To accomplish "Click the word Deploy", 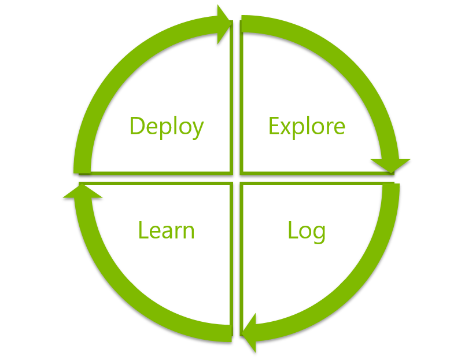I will coord(167,126).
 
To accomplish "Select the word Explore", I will coord(307,126).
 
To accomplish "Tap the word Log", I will coord(307,230).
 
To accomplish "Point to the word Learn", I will coord(167,230).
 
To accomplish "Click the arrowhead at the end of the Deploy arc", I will coord(223,24).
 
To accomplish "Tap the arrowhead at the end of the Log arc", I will coord(249,333).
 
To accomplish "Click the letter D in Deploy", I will coord(137,126).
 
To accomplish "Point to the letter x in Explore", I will coord(287,127).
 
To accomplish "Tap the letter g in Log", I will coord(318,233).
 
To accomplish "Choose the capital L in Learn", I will coord(142,230).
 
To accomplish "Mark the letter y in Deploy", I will coord(197,129).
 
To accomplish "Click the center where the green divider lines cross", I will coord(237,178).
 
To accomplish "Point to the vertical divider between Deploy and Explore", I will coord(237,98).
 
